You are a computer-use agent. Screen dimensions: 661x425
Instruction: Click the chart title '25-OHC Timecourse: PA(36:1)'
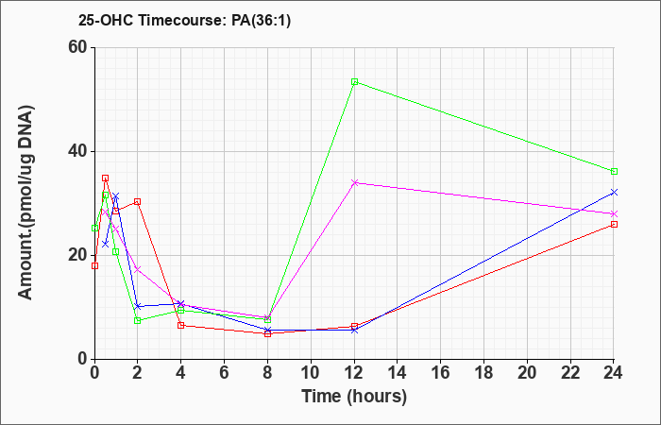coord(184,20)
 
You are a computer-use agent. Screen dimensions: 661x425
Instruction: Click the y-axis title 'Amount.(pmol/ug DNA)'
coord(25,203)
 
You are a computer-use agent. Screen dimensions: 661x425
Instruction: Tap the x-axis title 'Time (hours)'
coord(354,397)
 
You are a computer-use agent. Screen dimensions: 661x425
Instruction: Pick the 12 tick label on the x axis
coord(354,373)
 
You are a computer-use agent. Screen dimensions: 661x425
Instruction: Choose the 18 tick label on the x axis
coord(483,373)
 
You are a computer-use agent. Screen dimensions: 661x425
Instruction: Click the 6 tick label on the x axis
coord(225,373)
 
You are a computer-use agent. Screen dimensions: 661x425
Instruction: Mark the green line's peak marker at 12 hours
coord(354,82)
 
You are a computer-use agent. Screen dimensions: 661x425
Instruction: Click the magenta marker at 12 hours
coord(354,182)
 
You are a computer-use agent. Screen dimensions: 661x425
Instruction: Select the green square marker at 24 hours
coord(614,172)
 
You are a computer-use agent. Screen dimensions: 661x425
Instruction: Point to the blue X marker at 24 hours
coord(614,193)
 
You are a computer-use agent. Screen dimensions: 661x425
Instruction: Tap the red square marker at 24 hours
coord(614,225)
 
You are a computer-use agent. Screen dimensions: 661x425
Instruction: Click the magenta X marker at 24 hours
coord(614,213)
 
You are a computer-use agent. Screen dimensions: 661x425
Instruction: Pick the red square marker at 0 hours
coord(94,265)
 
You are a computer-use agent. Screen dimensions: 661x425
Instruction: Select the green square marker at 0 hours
coord(94,229)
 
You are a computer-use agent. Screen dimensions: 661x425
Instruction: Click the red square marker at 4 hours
coord(181,325)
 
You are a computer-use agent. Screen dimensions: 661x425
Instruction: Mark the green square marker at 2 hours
coord(138,320)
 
